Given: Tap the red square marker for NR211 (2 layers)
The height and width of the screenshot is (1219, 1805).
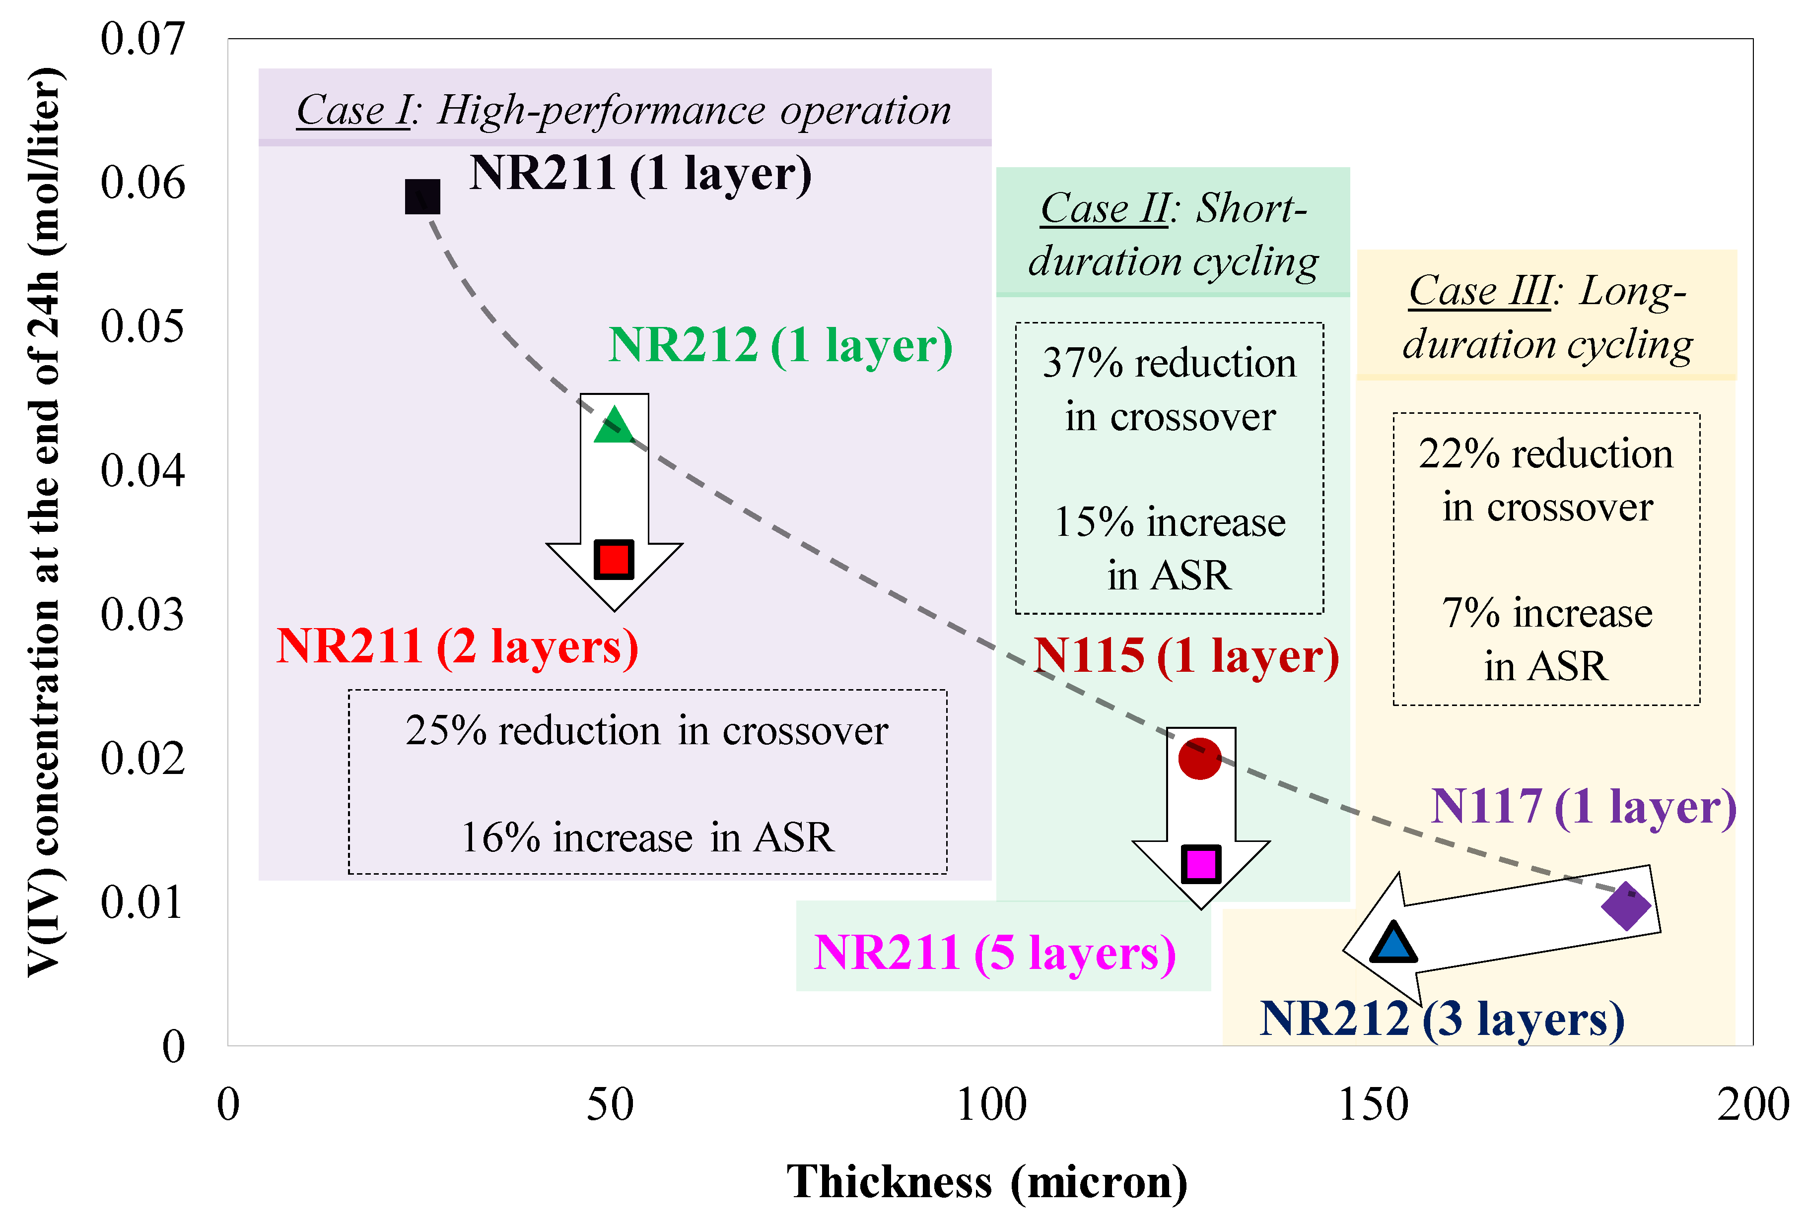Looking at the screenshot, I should tap(614, 559).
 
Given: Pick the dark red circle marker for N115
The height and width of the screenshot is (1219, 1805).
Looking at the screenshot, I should tap(1200, 759).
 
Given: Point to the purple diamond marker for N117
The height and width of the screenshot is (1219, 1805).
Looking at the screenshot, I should tap(1626, 905).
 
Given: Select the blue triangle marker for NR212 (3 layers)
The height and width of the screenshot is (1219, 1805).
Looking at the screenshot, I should tap(1392, 943).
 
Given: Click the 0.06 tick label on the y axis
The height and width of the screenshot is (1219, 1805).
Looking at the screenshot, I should tap(143, 183).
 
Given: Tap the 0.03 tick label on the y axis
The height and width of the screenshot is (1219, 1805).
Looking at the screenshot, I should tap(143, 615).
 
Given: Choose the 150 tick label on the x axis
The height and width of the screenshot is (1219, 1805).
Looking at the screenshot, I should tap(1373, 1105).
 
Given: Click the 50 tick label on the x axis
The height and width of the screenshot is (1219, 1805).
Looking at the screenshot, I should tap(610, 1105).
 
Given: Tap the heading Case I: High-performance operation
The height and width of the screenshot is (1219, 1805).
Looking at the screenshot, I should tap(624, 110).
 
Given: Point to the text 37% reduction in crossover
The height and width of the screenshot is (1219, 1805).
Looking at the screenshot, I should tap(1170, 390).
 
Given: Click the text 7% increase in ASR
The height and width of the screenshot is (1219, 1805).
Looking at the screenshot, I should tap(1546, 639).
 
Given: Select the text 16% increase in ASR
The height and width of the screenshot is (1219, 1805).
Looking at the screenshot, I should tap(647, 837).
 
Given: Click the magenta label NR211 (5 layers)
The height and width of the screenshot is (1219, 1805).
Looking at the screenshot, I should tap(995, 952).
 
